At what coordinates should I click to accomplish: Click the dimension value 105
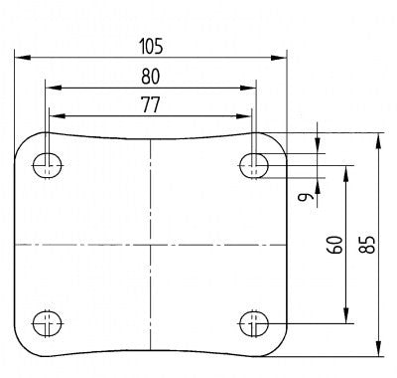pyautogui.click(x=150, y=46)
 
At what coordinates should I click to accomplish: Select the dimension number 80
pyautogui.click(x=150, y=75)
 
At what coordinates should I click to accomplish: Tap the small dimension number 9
pyautogui.click(x=308, y=197)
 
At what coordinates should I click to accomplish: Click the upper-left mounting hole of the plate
pyautogui.click(x=45, y=164)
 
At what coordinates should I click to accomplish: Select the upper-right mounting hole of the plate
pyautogui.click(x=254, y=164)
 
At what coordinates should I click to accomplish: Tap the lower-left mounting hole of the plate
pyautogui.click(x=45, y=322)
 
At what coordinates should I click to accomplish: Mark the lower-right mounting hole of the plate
pyautogui.click(x=254, y=322)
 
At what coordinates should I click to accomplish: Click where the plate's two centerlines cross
pyautogui.click(x=150, y=244)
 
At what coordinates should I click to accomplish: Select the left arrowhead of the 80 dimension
pyautogui.click(x=48, y=87)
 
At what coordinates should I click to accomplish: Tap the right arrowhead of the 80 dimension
pyautogui.click(x=252, y=87)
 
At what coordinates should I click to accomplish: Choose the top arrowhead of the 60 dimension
pyautogui.click(x=345, y=168)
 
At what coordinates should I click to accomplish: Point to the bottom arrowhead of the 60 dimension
pyautogui.click(x=345, y=319)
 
